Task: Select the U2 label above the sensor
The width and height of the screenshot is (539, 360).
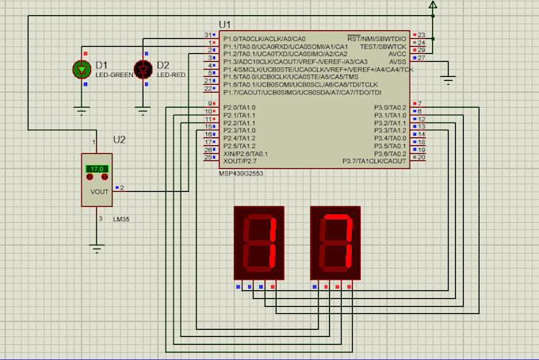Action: (x=120, y=140)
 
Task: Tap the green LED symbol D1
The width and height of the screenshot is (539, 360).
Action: (x=82, y=70)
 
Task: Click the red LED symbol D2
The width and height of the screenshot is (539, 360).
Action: (x=143, y=70)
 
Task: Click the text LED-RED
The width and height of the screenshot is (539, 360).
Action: (x=170, y=75)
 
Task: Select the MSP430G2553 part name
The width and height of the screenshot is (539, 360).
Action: (x=247, y=174)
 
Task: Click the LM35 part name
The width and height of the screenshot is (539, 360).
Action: (x=121, y=218)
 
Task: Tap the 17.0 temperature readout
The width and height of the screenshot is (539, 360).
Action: (x=97, y=169)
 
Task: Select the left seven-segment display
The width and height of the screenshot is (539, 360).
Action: (x=258, y=243)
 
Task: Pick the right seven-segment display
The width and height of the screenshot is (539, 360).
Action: (x=335, y=243)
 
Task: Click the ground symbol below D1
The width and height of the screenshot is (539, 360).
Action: (x=82, y=110)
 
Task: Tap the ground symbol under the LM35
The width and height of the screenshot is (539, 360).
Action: (x=97, y=249)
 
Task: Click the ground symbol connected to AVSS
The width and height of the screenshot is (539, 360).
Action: (x=448, y=79)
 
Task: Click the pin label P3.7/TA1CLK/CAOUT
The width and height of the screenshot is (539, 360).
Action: (x=374, y=161)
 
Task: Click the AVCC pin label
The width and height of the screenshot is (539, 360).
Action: (x=396, y=53)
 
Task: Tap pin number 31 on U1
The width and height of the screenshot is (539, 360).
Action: (x=208, y=36)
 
